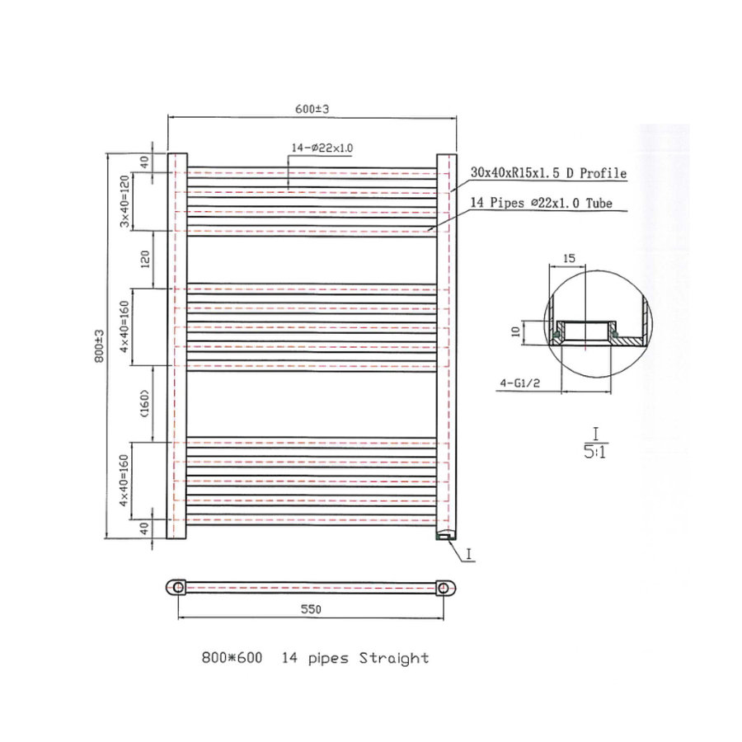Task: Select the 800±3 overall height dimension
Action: pos(100,346)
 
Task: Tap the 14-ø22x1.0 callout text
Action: pos(322,148)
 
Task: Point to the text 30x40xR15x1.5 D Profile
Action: pos(548,174)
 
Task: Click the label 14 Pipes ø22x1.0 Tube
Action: pos(541,204)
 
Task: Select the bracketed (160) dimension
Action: pos(145,404)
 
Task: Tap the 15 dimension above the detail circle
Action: pos(568,258)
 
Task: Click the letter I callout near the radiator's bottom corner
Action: pos(467,556)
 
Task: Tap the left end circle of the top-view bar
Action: pos(176,587)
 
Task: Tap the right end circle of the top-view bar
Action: pos(445,587)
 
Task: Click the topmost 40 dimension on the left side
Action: pos(145,162)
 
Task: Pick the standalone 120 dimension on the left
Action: pos(145,260)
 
